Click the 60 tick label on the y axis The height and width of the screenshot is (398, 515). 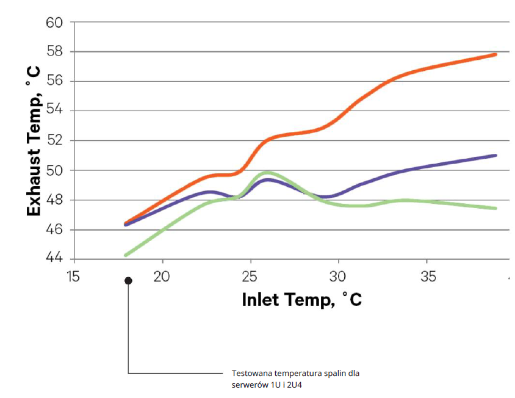(x=54, y=23)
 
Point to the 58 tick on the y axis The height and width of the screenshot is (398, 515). (x=54, y=52)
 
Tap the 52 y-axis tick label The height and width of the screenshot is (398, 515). (x=54, y=141)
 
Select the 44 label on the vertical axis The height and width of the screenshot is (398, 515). (x=54, y=259)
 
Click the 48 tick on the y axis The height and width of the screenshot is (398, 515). (x=54, y=200)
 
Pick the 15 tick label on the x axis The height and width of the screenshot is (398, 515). (x=73, y=277)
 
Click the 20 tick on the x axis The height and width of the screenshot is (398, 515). (x=162, y=277)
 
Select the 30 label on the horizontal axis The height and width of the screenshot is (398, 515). (x=339, y=277)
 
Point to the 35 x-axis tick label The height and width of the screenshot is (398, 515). (x=428, y=277)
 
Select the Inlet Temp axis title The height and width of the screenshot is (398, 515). (x=301, y=300)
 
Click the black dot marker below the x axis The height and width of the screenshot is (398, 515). (x=128, y=281)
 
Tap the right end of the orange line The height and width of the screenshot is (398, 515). (x=495, y=54)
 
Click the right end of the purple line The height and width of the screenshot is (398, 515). (x=495, y=155)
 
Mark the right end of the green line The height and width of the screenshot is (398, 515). (x=495, y=208)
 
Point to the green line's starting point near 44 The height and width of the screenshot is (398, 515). (x=126, y=255)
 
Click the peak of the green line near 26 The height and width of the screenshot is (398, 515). (x=267, y=173)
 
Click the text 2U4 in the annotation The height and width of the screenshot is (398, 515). (x=296, y=385)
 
